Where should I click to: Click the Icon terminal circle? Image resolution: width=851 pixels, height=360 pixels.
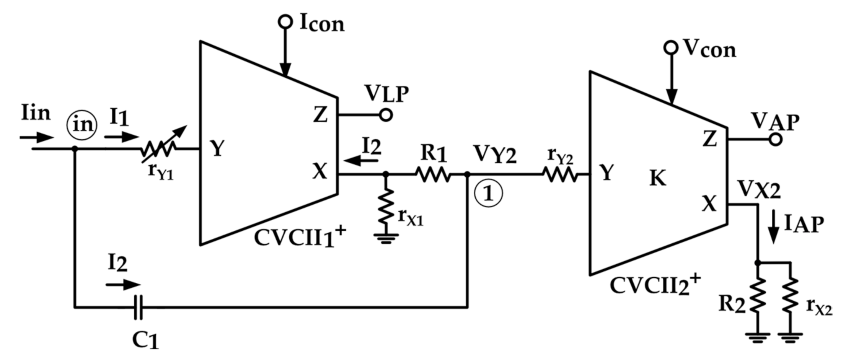[x=285, y=22]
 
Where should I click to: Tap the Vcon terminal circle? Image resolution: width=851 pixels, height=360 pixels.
[x=670, y=48]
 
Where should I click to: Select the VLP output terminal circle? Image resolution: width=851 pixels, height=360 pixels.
[x=386, y=115]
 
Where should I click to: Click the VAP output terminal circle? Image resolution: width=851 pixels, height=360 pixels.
[x=776, y=140]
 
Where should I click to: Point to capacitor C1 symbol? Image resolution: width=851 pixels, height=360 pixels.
[x=139, y=307]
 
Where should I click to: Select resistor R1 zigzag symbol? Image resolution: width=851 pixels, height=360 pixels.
[x=433, y=174]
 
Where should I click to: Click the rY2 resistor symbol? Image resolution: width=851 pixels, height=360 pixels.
[x=559, y=174]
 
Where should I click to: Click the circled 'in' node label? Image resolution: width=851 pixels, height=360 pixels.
[x=82, y=125]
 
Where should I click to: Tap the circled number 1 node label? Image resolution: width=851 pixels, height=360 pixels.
[x=488, y=194]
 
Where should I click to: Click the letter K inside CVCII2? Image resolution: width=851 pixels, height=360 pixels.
[x=657, y=178]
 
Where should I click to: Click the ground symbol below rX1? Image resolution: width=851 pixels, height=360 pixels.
[x=386, y=238]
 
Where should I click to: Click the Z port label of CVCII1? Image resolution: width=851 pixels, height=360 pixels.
[x=320, y=114]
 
